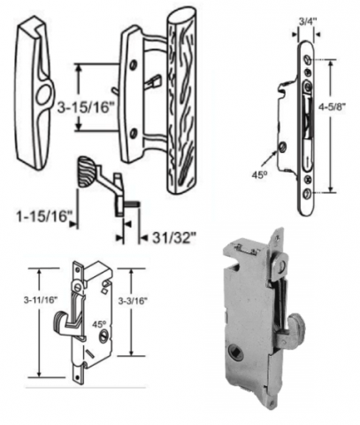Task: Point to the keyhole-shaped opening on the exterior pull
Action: click(x=42, y=94)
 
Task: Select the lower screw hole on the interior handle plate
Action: click(x=134, y=133)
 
